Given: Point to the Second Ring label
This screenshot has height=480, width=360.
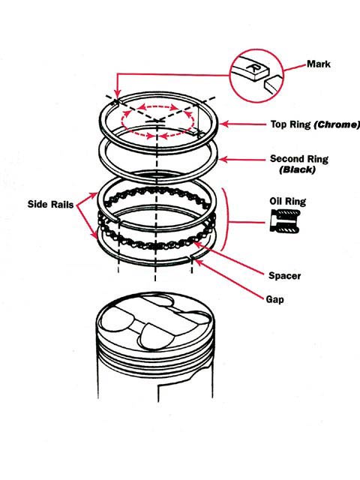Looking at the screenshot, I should point(298,159).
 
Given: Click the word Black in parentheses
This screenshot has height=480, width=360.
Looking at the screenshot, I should point(298,170).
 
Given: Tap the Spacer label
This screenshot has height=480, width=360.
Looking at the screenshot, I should point(284,276).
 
